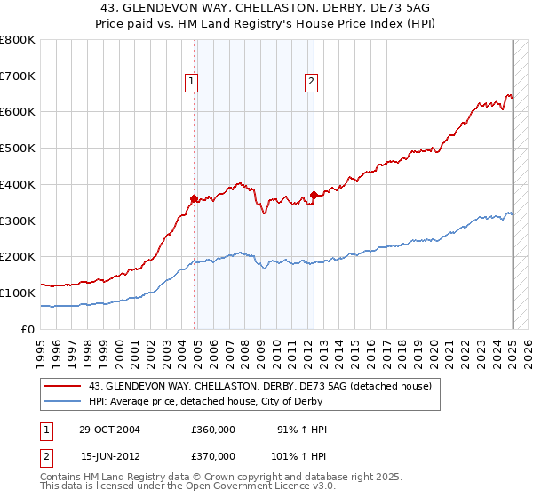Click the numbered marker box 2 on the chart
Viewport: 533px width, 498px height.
(312, 83)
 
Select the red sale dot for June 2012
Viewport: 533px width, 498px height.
(314, 194)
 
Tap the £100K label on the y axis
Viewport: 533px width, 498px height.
(18, 293)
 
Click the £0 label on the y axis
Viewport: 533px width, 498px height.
(28, 329)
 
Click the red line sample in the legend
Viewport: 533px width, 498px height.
(62, 386)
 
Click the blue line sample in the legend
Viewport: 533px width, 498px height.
(62, 400)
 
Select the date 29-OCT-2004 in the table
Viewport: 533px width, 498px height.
(111, 430)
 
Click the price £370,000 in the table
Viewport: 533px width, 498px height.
(212, 455)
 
